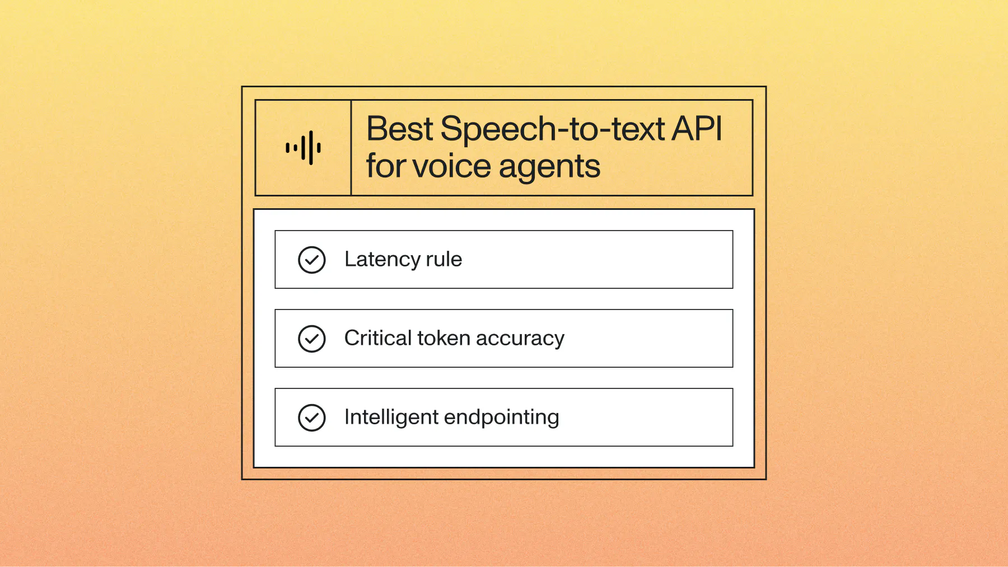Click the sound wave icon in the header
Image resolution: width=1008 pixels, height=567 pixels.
click(x=303, y=148)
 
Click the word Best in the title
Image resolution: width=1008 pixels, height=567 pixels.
click(x=399, y=129)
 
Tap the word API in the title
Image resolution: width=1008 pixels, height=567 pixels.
click(x=697, y=129)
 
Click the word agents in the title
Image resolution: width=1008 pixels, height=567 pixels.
click(x=549, y=167)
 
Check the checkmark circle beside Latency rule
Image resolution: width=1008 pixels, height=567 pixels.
click(x=312, y=260)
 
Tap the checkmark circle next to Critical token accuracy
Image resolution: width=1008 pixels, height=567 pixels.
click(x=312, y=339)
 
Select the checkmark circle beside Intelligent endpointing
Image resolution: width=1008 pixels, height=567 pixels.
click(x=312, y=418)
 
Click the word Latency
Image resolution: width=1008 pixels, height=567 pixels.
click(x=382, y=260)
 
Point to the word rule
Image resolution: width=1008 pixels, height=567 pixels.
click(x=444, y=260)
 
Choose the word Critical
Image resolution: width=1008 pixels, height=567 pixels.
click(x=378, y=338)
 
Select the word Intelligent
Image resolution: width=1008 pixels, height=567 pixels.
click(x=391, y=418)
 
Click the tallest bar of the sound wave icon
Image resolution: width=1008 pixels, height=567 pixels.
click(x=311, y=148)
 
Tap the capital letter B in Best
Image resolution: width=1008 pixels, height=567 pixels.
click(x=377, y=129)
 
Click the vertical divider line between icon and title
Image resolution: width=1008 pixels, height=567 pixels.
click(x=351, y=148)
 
